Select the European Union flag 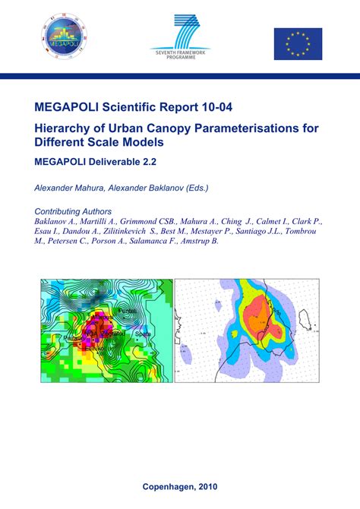coord(298,43)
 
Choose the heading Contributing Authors coord(74,211)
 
